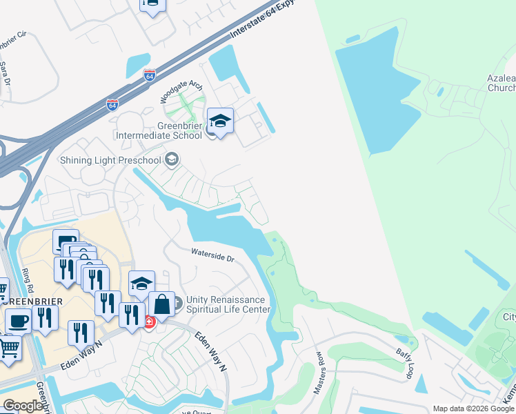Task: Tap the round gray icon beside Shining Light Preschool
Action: click(x=172, y=160)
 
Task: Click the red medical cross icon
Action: click(x=148, y=322)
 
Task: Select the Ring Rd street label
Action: click(x=28, y=279)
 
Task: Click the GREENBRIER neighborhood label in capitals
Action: click(x=32, y=302)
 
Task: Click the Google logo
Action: click(x=23, y=406)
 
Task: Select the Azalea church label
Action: click(x=502, y=83)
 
